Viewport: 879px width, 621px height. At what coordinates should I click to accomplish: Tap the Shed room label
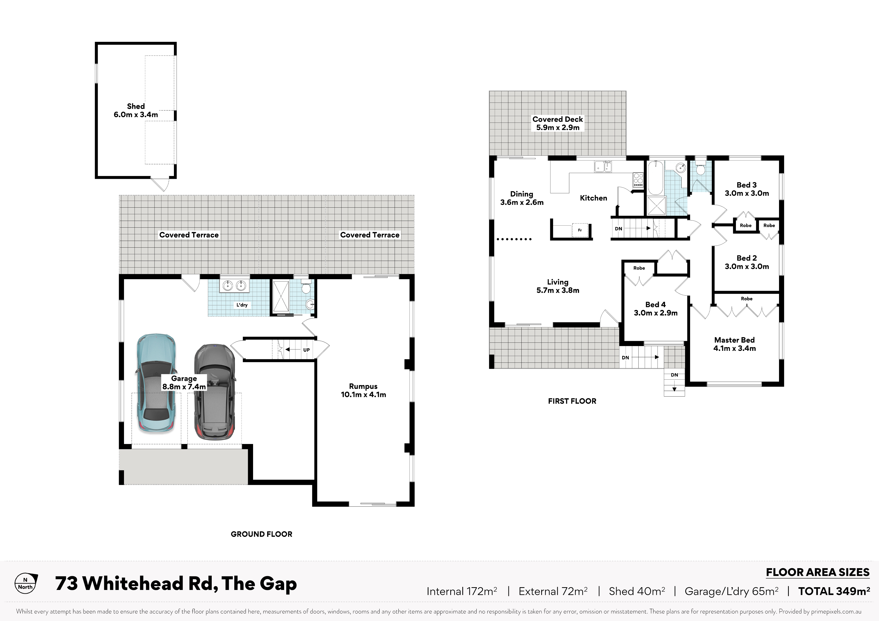pos(136,110)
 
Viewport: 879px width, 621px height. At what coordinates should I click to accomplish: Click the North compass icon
pos(26,583)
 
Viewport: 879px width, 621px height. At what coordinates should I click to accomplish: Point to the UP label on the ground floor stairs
pos(306,350)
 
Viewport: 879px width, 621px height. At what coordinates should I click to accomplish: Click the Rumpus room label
pos(363,390)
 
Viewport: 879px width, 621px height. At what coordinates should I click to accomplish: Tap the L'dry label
pos(242,305)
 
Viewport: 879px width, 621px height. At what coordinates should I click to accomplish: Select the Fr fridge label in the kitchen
pos(580,230)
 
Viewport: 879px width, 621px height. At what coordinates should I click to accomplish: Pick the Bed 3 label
pos(746,189)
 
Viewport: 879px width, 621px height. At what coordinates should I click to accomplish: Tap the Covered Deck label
pos(558,123)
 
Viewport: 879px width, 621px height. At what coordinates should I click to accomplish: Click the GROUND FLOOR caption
pos(262,534)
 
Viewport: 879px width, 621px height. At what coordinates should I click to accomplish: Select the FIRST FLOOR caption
pos(572,401)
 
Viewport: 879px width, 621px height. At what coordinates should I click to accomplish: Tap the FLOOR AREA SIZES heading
pos(818,572)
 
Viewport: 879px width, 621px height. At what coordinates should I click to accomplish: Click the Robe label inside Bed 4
pos(639,268)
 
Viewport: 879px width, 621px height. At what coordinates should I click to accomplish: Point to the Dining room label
pos(522,198)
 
